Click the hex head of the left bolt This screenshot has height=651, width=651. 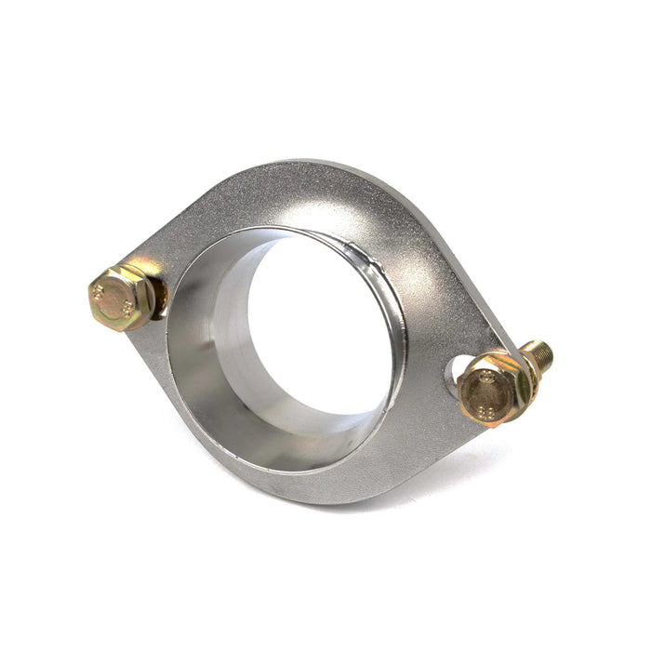click(119, 298)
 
